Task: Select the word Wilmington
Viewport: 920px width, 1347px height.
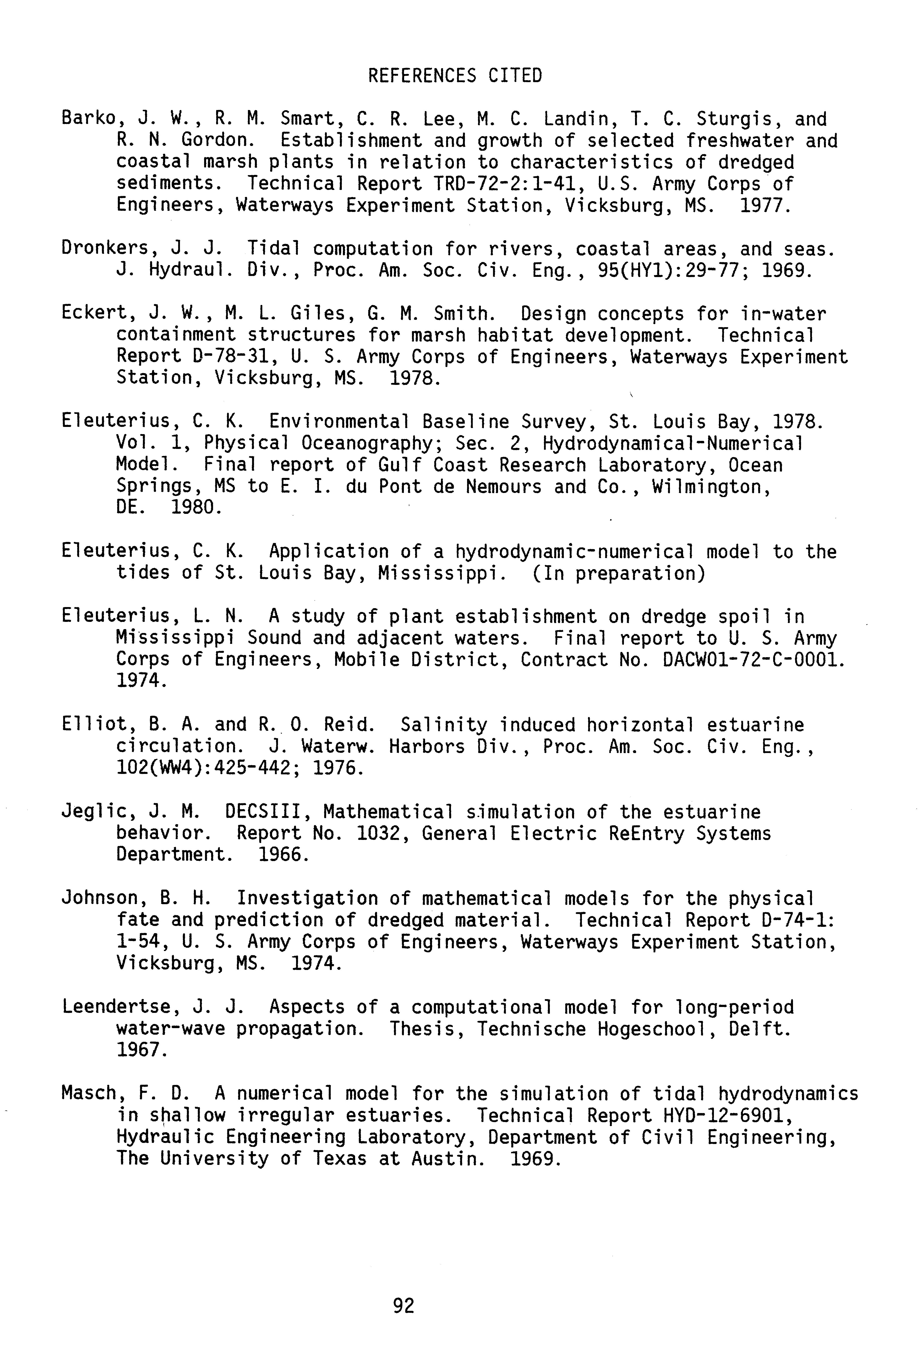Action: pos(711,487)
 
